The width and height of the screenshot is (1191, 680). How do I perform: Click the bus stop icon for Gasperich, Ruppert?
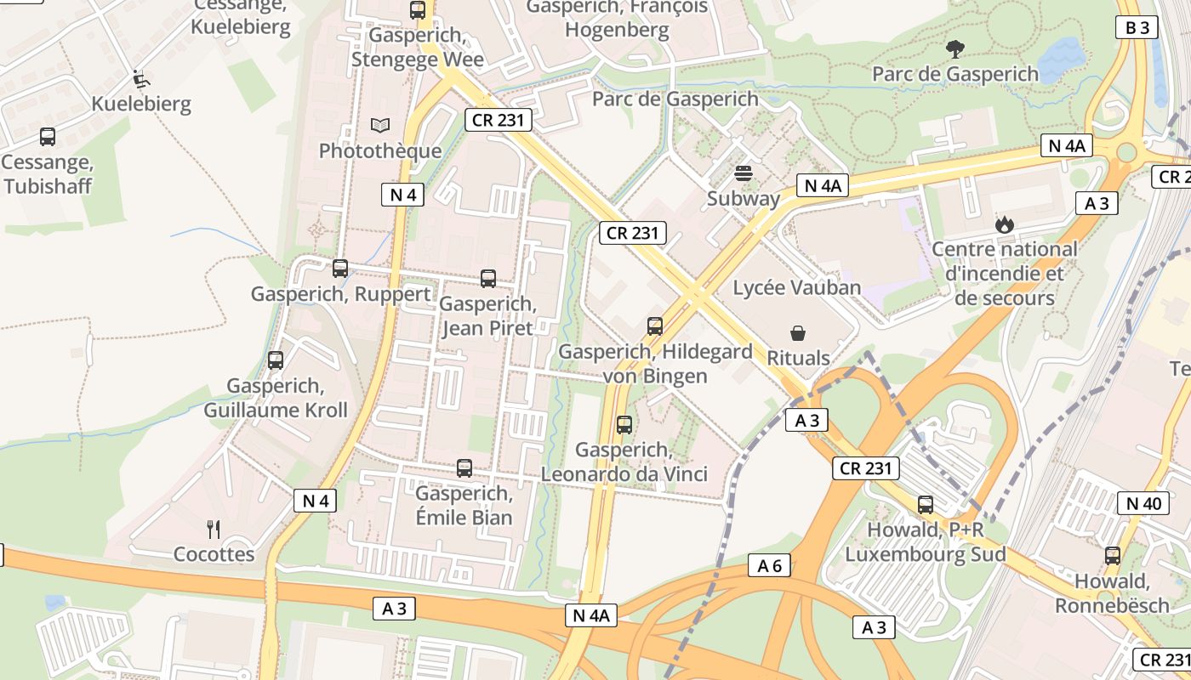click(x=340, y=269)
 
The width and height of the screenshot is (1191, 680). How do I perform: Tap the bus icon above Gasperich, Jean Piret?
click(x=488, y=278)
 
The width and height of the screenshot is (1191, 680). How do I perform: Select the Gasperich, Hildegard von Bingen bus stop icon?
click(x=654, y=326)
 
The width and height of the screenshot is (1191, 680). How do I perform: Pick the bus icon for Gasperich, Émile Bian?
click(x=464, y=467)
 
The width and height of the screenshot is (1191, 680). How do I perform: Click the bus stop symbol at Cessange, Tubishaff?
click(x=48, y=137)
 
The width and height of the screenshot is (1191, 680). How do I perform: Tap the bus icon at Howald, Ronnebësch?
click(x=1112, y=556)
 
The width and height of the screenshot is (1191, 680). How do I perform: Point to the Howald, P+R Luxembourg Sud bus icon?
click(x=926, y=505)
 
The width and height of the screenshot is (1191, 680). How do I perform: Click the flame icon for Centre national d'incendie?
click(x=1005, y=224)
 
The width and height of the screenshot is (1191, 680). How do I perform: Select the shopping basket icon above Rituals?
click(x=798, y=332)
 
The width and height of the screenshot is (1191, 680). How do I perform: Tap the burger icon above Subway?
click(x=744, y=173)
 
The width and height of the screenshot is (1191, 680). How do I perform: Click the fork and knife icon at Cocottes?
click(x=214, y=530)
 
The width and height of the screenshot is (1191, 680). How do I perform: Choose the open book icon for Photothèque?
click(x=380, y=126)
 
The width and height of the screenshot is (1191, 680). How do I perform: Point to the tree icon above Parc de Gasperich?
click(x=955, y=49)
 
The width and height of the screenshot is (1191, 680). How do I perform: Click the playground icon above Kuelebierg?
click(x=142, y=80)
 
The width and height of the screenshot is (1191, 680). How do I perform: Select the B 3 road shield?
click(x=1137, y=27)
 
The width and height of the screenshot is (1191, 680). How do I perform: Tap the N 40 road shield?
click(x=1143, y=503)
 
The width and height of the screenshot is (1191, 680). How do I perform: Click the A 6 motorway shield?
click(x=769, y=565)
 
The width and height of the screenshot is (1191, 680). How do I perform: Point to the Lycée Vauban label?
click(x=797, y=287)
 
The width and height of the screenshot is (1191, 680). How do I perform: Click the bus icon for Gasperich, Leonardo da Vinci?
click(x=624, y=424)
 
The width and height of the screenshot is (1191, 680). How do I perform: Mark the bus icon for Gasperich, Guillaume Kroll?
click(x=276, y=360)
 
